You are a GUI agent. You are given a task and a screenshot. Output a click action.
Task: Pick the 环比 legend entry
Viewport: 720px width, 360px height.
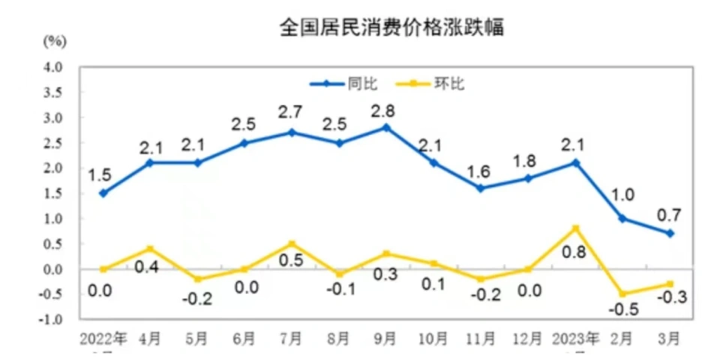[449, 83]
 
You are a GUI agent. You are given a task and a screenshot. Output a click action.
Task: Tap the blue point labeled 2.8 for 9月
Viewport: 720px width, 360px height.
[386, 127]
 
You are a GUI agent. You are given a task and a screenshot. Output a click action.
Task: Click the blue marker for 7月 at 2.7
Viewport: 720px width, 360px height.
[292, 133]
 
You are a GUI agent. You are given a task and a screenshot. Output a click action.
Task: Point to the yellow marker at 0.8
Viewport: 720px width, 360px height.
[575, 228]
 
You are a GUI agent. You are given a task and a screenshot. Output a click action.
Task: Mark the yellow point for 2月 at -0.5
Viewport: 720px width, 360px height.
[622, 293]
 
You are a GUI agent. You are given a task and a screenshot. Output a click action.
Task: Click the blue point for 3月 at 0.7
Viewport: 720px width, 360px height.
[670, 233]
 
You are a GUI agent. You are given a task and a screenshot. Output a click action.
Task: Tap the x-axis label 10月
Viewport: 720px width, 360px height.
[433, 338]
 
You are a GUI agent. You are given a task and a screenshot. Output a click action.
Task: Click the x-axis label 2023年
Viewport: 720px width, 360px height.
[574, 338]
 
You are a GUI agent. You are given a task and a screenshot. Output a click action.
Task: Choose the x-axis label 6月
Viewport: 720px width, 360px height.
[244, 338]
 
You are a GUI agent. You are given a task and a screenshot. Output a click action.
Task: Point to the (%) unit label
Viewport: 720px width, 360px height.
[54, 40]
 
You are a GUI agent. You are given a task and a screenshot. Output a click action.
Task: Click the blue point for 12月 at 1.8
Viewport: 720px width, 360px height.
[528, 178]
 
